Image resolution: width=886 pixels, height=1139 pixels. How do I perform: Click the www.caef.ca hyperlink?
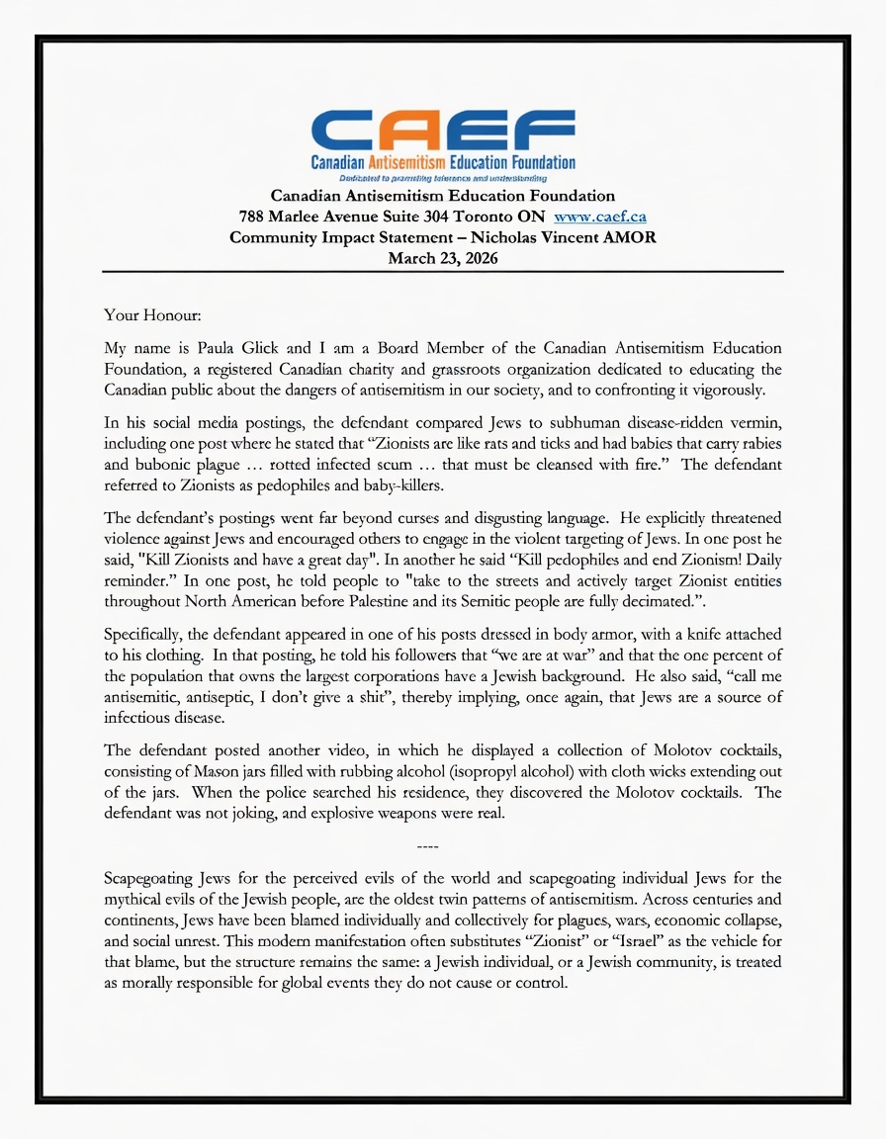(600, 216)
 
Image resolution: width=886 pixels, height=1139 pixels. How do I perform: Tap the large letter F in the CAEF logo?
(538, 130)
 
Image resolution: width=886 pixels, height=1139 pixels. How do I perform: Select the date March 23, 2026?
(442, 258)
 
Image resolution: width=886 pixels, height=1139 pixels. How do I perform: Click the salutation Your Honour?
(152, 315)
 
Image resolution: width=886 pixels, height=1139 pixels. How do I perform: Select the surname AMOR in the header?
(626, 237)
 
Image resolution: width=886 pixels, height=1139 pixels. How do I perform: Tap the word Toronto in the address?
(493, 216)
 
